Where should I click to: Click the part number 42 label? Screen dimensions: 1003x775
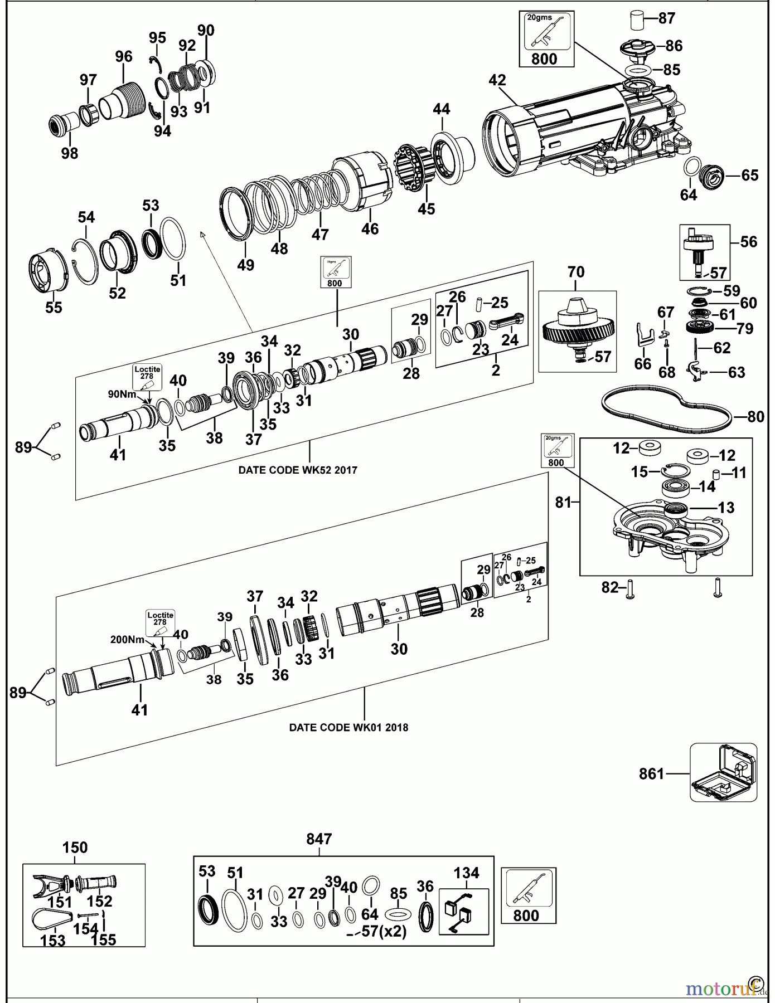click(x=497, y=80)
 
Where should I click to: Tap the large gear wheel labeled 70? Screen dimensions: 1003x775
click(x=578, y=329)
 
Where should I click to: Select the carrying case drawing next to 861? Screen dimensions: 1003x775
click(x=724, y=773)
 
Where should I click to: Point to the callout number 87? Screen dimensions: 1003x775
click(x=666, y=18)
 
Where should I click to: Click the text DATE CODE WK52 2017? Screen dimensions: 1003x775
click(x=298, y=470)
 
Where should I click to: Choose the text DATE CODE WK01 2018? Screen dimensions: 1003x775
click(x=348, y=727)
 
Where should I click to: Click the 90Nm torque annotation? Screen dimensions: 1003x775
click(x=122, y=394)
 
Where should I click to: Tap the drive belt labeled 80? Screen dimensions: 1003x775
click(x=666, y=411)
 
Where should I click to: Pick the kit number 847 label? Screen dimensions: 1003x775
click(x=319, y=839)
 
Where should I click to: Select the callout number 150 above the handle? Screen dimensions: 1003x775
click(x=75, y=848)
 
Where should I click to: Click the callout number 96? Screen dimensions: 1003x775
click(x=124, y=56)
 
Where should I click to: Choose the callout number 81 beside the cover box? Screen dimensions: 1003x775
click(x=564, y=502)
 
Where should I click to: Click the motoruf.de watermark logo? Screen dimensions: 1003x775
click(x=725, y=988)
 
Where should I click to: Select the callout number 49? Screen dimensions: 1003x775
click(x=245, y=265)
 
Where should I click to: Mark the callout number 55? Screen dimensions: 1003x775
click(x=54, y=307)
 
